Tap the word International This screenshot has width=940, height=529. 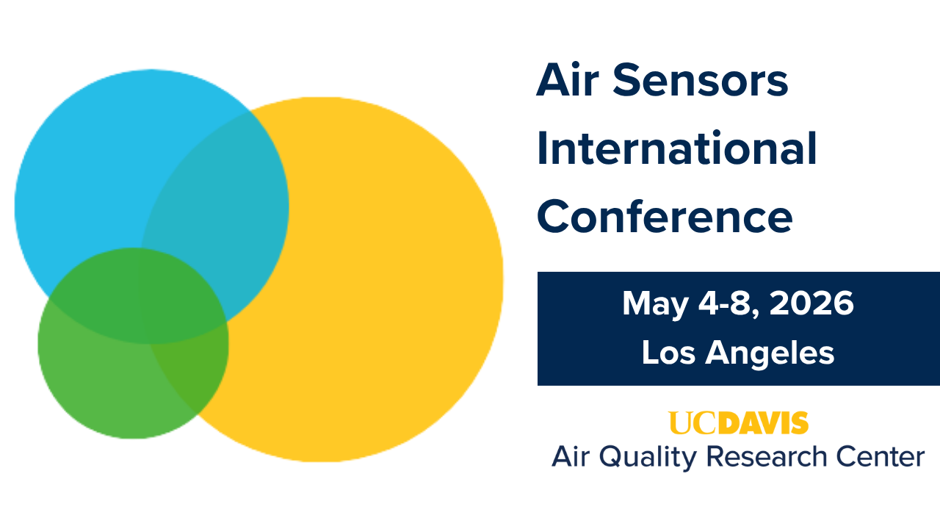pyautogui.click(x=676, y=148)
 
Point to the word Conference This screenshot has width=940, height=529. pyautogui.click(x=665, y=217)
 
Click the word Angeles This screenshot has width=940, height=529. pyautogui.click(x=770, y=354)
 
